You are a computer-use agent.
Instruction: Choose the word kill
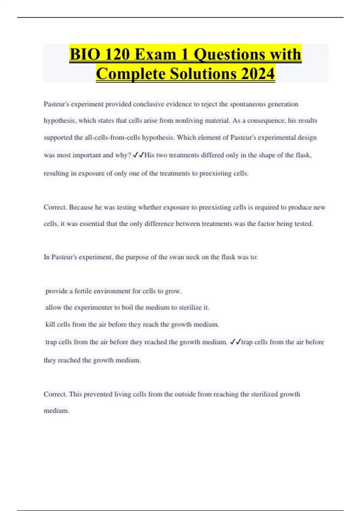50,324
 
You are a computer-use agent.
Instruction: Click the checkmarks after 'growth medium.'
235,342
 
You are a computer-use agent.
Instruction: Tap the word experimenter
93,308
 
